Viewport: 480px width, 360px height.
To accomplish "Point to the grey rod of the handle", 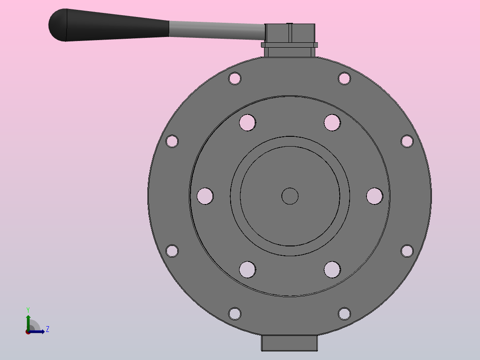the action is coord(217,30).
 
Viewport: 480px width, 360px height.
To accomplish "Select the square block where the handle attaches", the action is coord(289,33).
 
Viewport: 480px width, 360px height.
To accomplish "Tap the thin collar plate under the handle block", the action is coord(289,45).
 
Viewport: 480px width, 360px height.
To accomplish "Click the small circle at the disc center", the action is coord(290,196).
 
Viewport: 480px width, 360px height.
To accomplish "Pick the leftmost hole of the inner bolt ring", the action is coord(205,196).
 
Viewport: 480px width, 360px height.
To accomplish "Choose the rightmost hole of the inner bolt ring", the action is coord(375,196).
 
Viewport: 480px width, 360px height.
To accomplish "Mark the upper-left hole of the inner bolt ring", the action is coord(248,123).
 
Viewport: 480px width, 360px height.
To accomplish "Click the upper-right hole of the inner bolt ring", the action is coord(332,123).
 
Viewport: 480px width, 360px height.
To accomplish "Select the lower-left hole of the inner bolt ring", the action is coord(248,270).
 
